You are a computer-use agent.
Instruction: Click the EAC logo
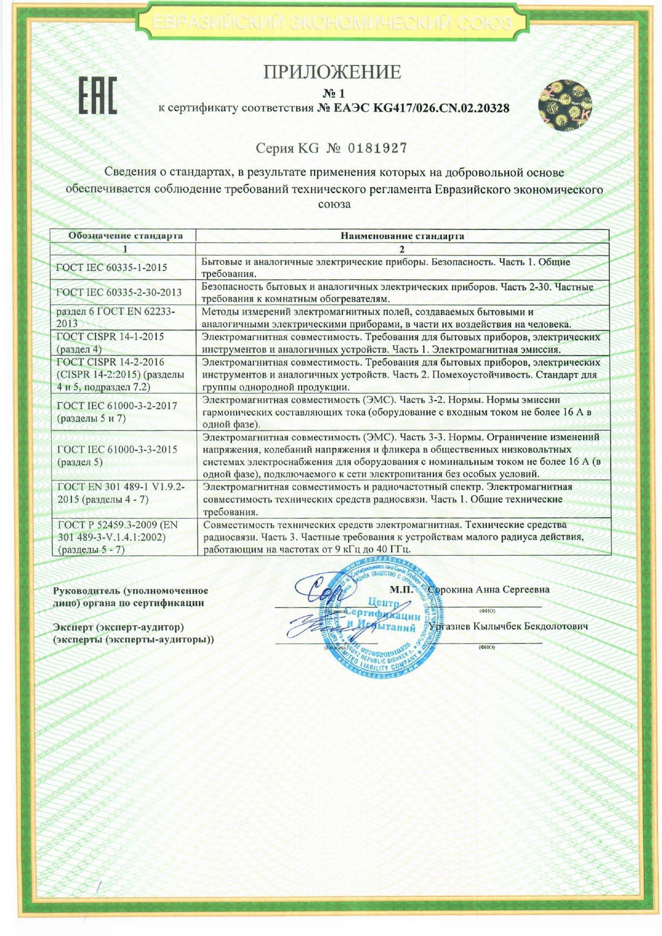[98, 96]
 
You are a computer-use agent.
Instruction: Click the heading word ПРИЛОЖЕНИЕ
[332, 72]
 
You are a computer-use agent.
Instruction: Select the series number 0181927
[377, 148]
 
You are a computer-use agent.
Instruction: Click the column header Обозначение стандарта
[125, 236]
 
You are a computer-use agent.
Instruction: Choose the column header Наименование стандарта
[402, 236]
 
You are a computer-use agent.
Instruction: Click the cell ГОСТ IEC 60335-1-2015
[111, 268]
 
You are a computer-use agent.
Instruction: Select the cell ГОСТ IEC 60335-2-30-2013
[119, 292]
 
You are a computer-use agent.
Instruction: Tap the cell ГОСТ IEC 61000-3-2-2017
[117, 406]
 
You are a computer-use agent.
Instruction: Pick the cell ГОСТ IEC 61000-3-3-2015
[117, 450]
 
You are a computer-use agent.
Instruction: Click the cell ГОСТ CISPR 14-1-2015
[110, 337]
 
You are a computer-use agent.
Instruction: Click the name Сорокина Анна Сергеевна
[489, 589]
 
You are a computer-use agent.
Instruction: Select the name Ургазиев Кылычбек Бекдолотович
[508, 626]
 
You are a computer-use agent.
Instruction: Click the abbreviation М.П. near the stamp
[401, 589]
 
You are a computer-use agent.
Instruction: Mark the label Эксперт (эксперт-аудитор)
[119, 627]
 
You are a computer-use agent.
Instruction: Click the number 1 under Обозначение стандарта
[125, 249]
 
